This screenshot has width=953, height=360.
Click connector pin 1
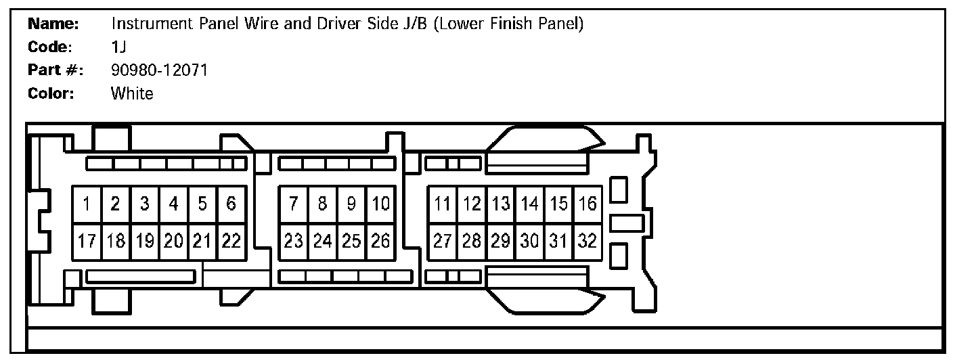click(x=87, y=204)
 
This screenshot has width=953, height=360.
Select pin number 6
click(x=231, y=204)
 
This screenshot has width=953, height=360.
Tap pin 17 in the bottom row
click(x=87, y=242)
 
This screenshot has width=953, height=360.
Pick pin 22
click(x=231, y=242)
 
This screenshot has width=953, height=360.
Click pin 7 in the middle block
click(x=294, y=204)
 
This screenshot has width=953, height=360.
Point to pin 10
click(x=380, y=204)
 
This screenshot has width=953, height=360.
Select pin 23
click(x=294, y=242)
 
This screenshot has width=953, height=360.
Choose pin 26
click(x=380, y=242)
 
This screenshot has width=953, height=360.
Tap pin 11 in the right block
click(x=443, y=204)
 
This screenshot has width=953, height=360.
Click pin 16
click(x=588, y=204)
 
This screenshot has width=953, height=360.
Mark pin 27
click(x=443, y=242)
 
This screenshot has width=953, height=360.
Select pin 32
click(x=588, y=242)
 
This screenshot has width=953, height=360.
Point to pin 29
click(x=501, y=242)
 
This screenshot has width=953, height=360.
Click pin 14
click(x=530, y=204)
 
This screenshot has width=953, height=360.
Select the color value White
click(x=132, y=94)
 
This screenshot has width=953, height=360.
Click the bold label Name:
click(x=54, y=24)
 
